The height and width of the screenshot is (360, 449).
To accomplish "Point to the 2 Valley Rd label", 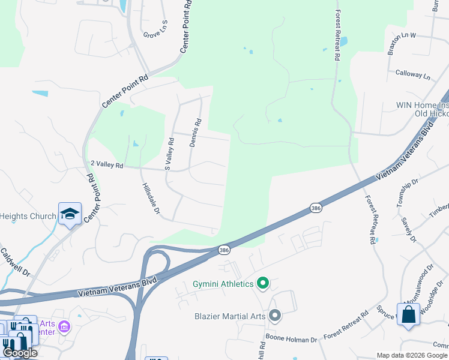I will pos(106,164).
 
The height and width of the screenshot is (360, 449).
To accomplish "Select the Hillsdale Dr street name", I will pos(151,199).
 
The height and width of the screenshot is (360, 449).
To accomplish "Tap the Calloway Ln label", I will pos(413,77).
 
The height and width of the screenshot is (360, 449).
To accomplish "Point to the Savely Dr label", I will pos(408,230).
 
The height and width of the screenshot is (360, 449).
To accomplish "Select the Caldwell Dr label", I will pos(15,263).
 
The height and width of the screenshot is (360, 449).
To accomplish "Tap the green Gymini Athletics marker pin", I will pos(262,283).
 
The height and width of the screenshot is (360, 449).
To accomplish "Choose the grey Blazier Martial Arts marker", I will pos(275,315).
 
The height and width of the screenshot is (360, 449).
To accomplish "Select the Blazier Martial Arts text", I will pos(231,316).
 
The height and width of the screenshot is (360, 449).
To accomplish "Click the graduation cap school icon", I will pos(70,214).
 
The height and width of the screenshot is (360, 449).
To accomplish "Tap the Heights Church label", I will pos(28,216).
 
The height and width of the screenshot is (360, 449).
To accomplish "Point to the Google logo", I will pos(20,353).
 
